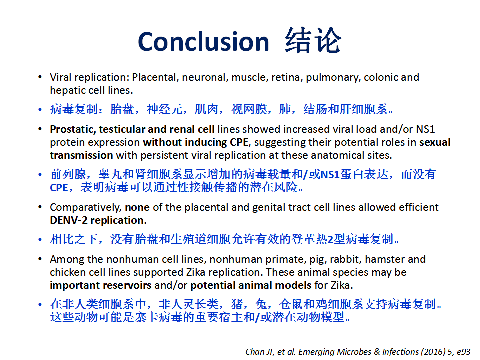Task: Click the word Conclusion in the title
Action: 203,41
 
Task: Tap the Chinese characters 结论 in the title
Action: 313,40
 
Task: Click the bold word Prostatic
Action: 73,129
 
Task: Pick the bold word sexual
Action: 435,142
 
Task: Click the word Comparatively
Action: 86,208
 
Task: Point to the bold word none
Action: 137,208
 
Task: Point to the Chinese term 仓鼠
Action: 291,304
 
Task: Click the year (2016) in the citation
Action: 433,352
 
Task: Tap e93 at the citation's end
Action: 464,352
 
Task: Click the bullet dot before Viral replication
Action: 40,78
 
